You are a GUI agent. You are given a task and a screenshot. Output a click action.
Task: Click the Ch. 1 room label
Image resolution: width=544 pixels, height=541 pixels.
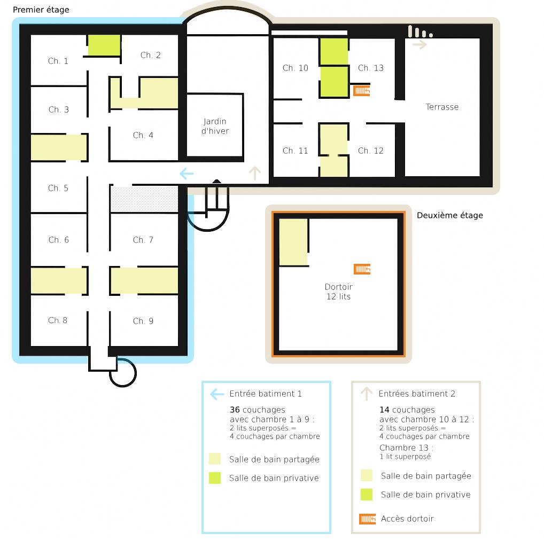coord(58,61)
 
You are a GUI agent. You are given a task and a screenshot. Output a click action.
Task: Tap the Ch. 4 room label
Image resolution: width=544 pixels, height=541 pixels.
coord(143,135)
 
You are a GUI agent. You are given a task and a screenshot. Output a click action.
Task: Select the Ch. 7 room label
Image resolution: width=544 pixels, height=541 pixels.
coord(143,240)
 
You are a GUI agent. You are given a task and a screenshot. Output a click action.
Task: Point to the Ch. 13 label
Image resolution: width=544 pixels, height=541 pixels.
coord(370,68)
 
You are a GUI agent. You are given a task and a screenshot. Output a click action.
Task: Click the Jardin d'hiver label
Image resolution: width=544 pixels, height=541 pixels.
coord(215,126)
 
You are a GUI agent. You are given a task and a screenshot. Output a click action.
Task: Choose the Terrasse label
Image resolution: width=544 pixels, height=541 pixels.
coord(442,107)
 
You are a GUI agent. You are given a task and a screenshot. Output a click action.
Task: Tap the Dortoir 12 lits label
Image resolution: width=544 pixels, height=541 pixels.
coord(339,292)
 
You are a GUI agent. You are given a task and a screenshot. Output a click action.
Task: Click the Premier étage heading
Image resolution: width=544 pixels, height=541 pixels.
coord(41,10)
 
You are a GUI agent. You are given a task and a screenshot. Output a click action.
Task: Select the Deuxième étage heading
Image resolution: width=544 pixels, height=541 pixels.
coord(449,215)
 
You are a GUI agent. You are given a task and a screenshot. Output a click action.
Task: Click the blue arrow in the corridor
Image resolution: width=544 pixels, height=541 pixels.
coord(186,174)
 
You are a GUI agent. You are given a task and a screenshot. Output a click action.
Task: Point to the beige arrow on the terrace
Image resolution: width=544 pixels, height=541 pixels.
coord(419,44)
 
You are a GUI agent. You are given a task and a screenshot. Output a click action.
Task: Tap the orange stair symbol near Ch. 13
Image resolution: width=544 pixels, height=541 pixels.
coord(362,91)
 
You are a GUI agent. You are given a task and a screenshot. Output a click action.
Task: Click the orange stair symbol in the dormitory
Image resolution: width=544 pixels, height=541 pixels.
coord(362,269)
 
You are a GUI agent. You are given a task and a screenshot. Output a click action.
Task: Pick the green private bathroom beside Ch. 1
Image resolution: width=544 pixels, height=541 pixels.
coord(104,45)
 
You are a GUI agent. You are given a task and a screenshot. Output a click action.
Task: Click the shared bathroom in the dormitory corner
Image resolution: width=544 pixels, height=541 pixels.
coord(293,242)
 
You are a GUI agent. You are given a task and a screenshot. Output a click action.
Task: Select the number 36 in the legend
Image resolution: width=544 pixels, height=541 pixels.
coord(235,410)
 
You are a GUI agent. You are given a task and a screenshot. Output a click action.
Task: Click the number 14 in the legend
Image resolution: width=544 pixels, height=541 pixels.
coord(384,410)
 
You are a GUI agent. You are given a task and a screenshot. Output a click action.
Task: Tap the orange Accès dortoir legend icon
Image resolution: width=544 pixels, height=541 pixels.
coord(368,519)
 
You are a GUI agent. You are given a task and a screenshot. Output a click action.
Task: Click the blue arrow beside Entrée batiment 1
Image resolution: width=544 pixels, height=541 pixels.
coord(217,394)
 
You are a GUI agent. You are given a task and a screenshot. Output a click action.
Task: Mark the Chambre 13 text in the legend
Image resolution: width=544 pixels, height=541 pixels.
coord(405,448)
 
